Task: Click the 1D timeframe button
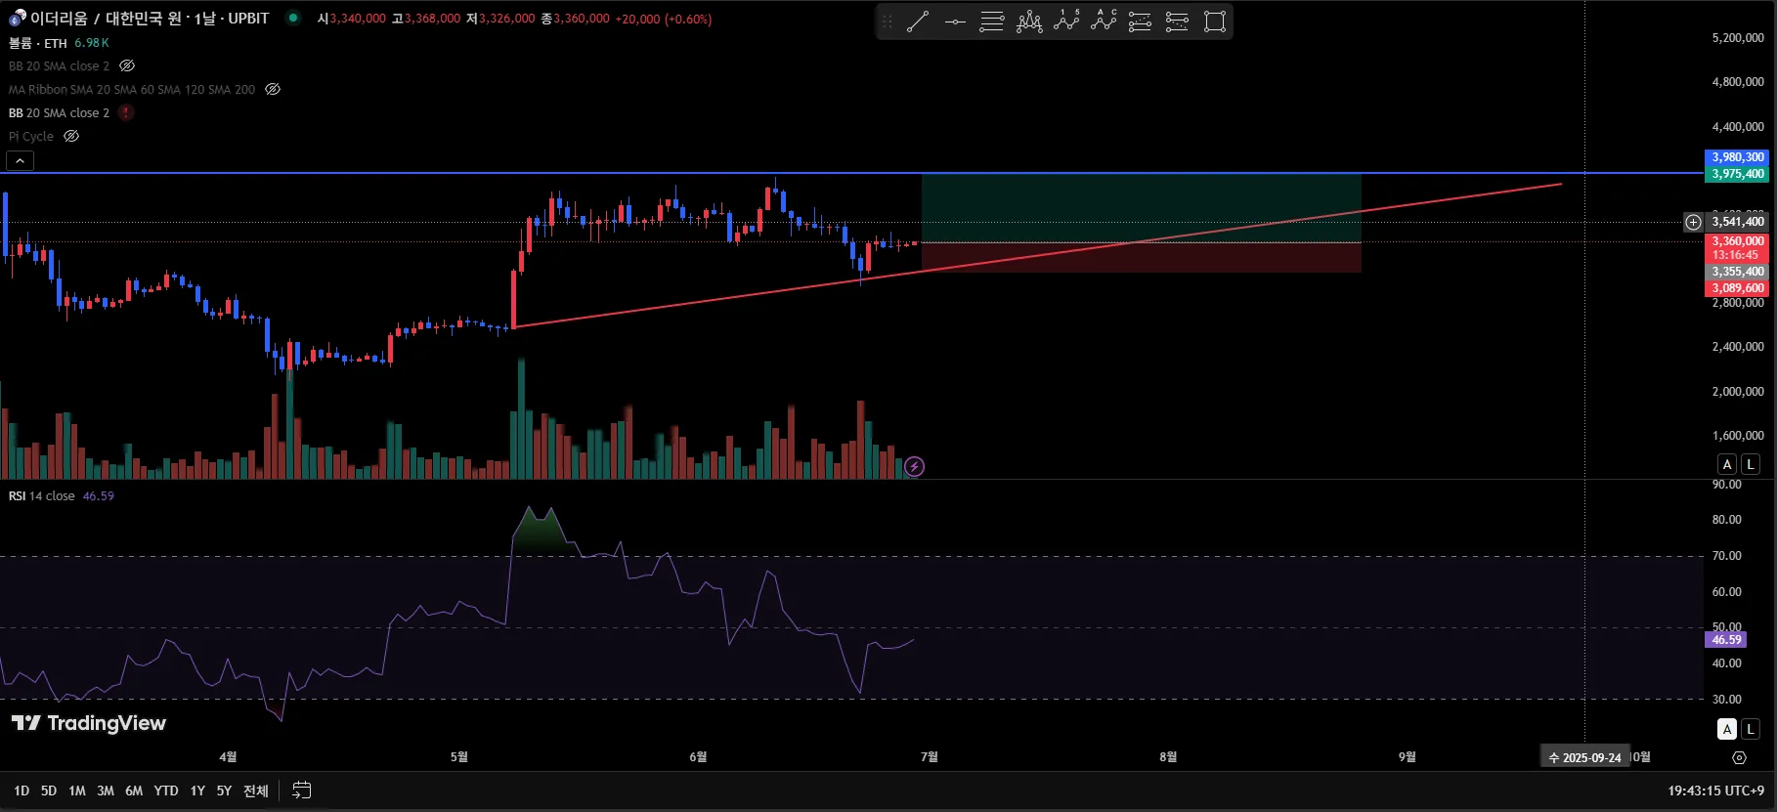coord(22,791)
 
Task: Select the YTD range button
coord(166,791)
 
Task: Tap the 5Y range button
coord(224,791)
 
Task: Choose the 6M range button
coord(134,791)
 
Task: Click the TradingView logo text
coord(89,723)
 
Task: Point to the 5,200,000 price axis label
coord(1738,38)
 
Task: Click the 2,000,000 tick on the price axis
coord(1738,392)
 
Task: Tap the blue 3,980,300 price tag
coord(1737,157)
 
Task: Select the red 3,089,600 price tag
coord(1737,288)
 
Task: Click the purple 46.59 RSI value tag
coord(1726,640)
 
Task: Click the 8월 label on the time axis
coord(1168,757)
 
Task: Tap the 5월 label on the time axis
coord(459,757)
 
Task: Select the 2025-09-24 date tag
coord(1585,757)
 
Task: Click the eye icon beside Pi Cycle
coord(71,137)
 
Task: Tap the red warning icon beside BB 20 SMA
coord(126,113)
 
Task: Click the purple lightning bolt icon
coord(914,467)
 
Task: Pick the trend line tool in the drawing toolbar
coord(918,21)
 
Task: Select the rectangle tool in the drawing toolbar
coord(1215,21)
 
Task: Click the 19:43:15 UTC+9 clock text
coord(1715,791)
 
